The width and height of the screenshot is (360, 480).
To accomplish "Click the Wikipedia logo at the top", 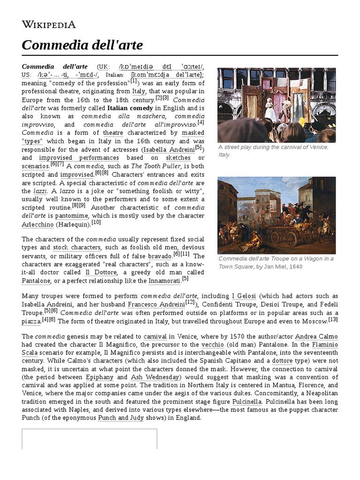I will point(48,24).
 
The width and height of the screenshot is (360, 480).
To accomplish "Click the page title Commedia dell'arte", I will point(82,45).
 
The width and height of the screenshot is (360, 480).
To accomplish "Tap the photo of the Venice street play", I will point(277,105).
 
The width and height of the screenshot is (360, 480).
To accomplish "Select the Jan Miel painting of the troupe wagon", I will point(277,215).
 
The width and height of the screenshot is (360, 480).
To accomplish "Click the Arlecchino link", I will point(37,224).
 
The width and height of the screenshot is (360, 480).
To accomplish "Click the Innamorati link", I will point(164,281).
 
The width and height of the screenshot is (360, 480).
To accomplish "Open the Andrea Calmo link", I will point(316,337).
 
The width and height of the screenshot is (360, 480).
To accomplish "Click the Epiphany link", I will point(99,377).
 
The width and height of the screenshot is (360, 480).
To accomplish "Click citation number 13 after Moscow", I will point(333,320).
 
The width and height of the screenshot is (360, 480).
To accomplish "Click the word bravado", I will point(160,256).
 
